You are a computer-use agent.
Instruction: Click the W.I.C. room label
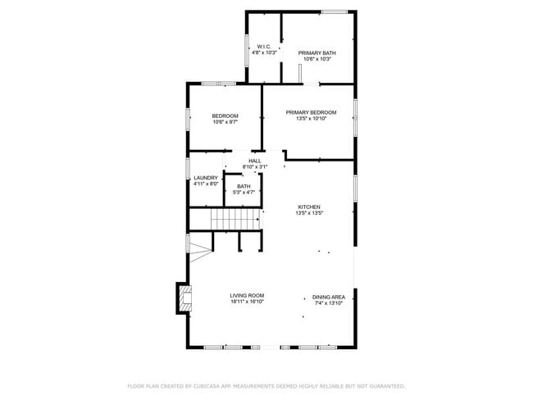click(264, 46)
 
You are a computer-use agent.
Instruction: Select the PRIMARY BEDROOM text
click(311, 111)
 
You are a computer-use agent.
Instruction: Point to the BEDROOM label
click(225, 116)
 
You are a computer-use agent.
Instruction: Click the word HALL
click(254, 161)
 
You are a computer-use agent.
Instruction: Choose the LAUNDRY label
click(206, 178)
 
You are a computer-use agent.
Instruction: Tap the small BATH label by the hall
click(244, 186)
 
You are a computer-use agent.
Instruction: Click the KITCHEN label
click(308, 207)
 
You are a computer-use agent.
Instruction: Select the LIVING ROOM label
click(246, 296)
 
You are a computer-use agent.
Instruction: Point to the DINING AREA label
click(328, 297)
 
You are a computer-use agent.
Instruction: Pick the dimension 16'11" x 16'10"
click(246, 302)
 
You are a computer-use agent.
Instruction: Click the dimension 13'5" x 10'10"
click(311, 118)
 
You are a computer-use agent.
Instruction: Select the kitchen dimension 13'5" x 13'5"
click(308, 213)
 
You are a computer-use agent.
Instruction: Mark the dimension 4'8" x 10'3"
click(264, 52)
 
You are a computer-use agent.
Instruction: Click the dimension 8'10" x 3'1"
click(254, 167)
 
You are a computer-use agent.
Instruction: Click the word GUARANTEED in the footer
click(385, 385)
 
